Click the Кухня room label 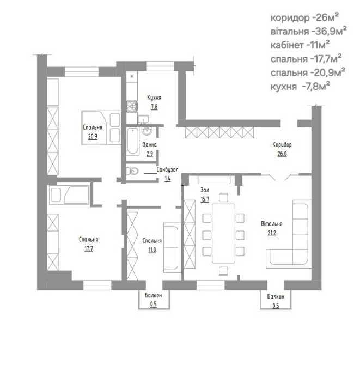[x=154, y=98]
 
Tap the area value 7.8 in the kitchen [x=154, y=107]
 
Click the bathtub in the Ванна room [x=132, y=142]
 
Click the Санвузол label [x=168, y=170]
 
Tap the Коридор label [x=282, y=145]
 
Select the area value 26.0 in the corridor [x=282, y=154]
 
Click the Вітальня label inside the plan [x=271, y=224]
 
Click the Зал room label [x=205, y=191]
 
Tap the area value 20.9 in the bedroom [x=92, y=136]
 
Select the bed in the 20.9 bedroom [x=101, y=127]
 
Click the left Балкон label [x=153, y=297]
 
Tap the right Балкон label [x=274, y=297]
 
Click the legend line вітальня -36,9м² [x=308, y=31]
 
